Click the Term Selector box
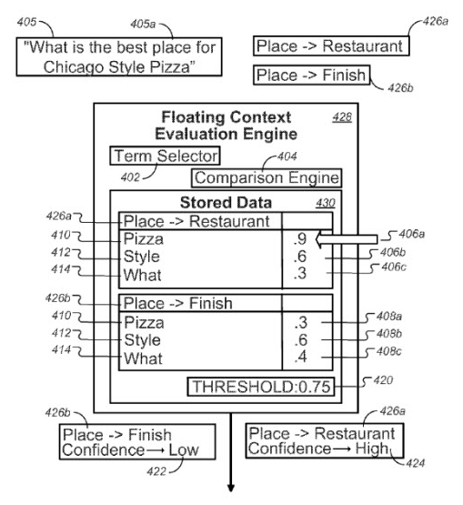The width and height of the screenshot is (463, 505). click(x=165, y=156)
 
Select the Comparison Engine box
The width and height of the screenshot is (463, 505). click(x=267, y=177)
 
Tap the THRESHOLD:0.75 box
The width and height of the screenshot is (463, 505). click(x=261, y=387)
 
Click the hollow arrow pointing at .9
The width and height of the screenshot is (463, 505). click(x=347, y=239)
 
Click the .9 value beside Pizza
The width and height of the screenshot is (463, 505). click(x=300, y=239)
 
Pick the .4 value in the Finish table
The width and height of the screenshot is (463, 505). click(x=301, y=357)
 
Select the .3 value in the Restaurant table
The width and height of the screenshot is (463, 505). click(x=300, y=273)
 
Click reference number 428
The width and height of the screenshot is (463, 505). click(x=342, y=117)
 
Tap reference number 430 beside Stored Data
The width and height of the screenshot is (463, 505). click(x=326, y=203)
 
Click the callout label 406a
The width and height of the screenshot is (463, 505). click(x=412, y=234)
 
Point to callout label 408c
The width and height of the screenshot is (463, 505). click(x=389, y=351)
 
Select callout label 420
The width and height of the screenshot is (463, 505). click(x=383, y=380)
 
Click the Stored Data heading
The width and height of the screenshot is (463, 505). click(x=226, y=203)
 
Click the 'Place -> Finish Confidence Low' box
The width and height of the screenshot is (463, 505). click(x=137, y=441)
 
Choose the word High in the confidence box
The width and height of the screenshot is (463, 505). click(x=372, y=449)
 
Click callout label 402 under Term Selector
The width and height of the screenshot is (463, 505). click(x=130, y=177)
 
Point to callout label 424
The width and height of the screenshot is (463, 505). click(x=416, y=463)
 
